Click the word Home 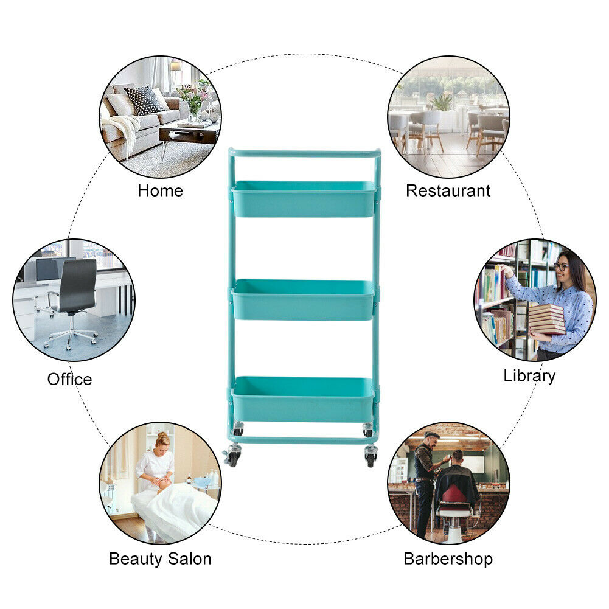click(x=160, y=190)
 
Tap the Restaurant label click(x=448, y=190)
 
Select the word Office click(x=70, y=379)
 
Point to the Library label click(x=529, y=375)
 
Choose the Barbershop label click(x=448, y=559)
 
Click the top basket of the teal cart click(x=304, y=200)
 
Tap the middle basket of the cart click(x=303, y=300)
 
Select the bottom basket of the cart click(x=302, y=400)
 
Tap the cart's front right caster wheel click(x=371, y=456)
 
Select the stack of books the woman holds click(x=546, y=319)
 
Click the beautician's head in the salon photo click(x=162, y=439)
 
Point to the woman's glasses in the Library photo click(x=560, y=266)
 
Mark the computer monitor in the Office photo click(x=47, y=270)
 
